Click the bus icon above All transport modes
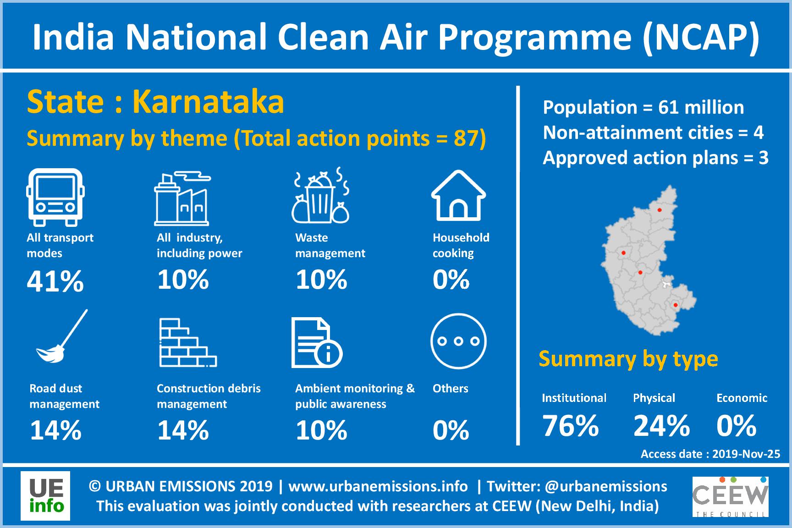point(55,197)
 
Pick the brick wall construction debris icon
point(188,342)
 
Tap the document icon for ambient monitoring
point(317,343)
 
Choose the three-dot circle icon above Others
point(458,341)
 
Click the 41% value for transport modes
point(55,280)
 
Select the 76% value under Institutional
point(571,425)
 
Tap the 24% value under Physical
point(661,425)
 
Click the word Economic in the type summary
point(742,398)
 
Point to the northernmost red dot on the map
point(660,210)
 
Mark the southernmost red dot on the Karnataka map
point(675,305)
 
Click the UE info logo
point(45,496)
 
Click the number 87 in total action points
point(466,138)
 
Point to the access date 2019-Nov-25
point(746,454)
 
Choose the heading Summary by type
point(628,359)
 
